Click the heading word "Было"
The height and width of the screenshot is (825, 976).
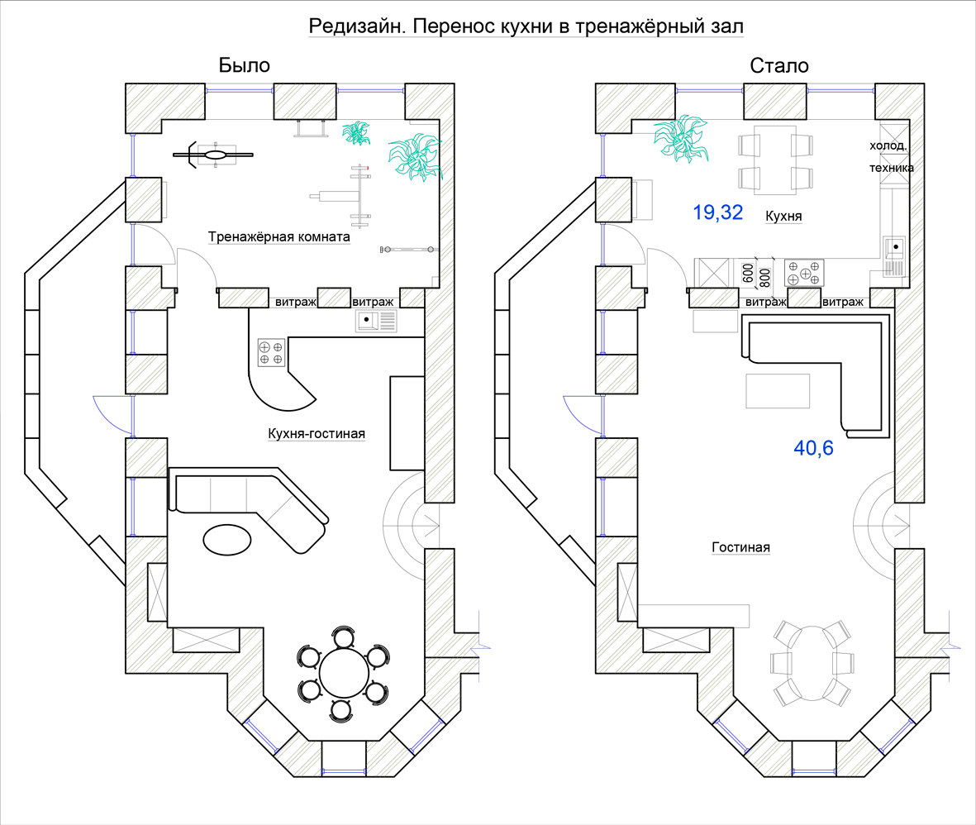click(244, 65)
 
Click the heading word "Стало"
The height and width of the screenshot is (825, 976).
click(778, 65)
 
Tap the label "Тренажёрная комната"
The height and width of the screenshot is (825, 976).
click(279, 236)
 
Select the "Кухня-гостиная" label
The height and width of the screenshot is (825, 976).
click(317, 433)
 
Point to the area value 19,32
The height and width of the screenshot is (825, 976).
click(717, 212)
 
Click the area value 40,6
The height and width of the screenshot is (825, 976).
click(813, 448)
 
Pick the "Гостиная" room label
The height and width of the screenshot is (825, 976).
click(740, 546)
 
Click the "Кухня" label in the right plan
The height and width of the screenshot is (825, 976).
click(783, 216)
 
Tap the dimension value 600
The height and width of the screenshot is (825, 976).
click(748, 272)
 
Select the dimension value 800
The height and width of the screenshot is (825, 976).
click(765, 277)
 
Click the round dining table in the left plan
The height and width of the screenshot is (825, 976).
click(344, 673)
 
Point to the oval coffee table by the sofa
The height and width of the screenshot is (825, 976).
click(227, 539)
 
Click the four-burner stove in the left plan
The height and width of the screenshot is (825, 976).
click(271, 352)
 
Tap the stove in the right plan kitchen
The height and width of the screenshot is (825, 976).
click(803, 273)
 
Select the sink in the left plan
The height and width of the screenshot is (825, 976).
click(376, 321)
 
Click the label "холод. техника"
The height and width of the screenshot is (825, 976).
click(892, 156)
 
